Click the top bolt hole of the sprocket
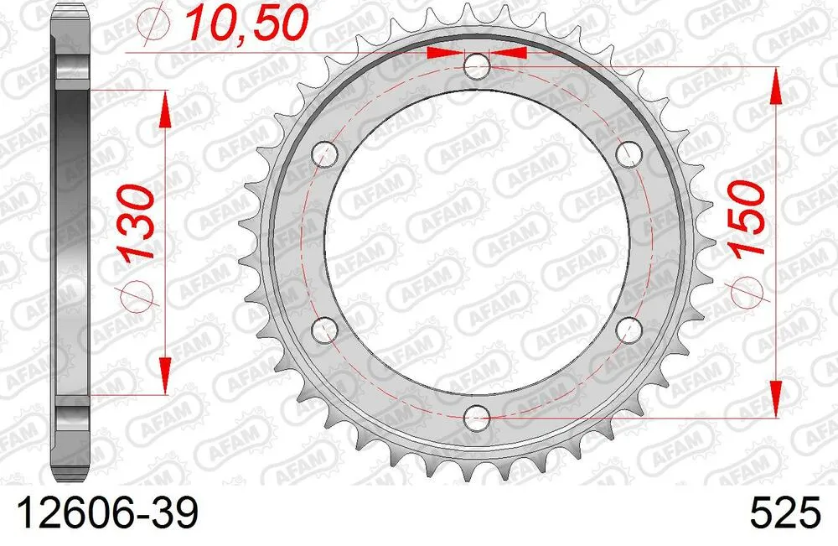pos(476,65)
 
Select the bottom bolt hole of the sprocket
pos(476,415)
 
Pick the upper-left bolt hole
pos(324,153)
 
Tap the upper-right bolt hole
pos(628,153)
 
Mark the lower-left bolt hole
pos(324,328)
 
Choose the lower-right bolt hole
pos(628,328)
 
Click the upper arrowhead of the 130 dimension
pos(164,109)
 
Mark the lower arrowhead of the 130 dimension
pos(164,372)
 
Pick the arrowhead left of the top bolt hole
pos(444,52)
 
